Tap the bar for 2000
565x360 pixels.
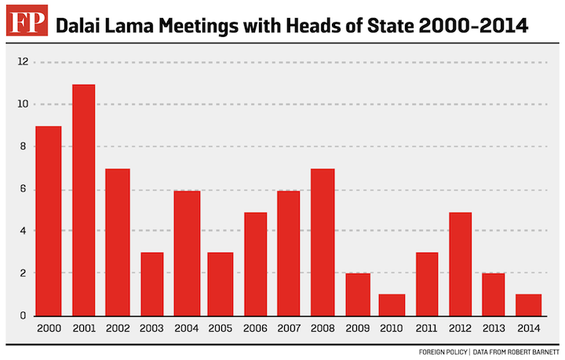(x=48, y=221)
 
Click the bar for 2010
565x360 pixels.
(x=392, y=305)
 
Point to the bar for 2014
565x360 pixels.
(x=529, y=305)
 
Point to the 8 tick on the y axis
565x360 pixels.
(x=23, y=147)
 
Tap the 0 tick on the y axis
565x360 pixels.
(x=23, y=315)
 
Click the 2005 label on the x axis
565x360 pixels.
(x=220, y=329)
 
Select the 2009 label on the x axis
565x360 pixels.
(x=357, y=329)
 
